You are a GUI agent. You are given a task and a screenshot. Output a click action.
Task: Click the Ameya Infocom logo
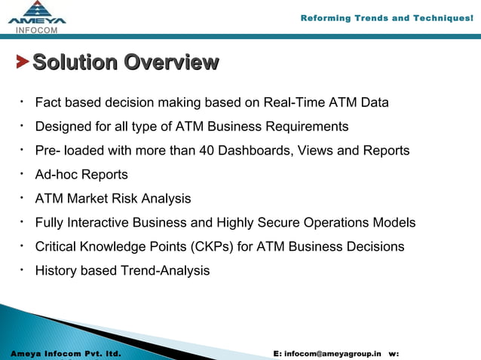click(x=37, y=17)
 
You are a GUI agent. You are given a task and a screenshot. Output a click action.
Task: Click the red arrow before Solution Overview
click(x=23, y=62)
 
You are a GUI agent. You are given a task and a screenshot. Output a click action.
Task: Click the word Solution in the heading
click(x=75, y=62)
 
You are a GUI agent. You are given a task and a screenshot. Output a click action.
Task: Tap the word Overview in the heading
click(x=171, y=62)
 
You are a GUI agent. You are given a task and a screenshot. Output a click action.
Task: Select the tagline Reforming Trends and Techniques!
click(x=386, y=18)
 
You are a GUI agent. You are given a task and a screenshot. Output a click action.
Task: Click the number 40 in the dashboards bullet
click(x=207, y=151)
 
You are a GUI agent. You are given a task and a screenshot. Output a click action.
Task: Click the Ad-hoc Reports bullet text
click(x=81, y=175)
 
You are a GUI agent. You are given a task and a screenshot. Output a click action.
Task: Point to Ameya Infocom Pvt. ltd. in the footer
click(x=66, y=352)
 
